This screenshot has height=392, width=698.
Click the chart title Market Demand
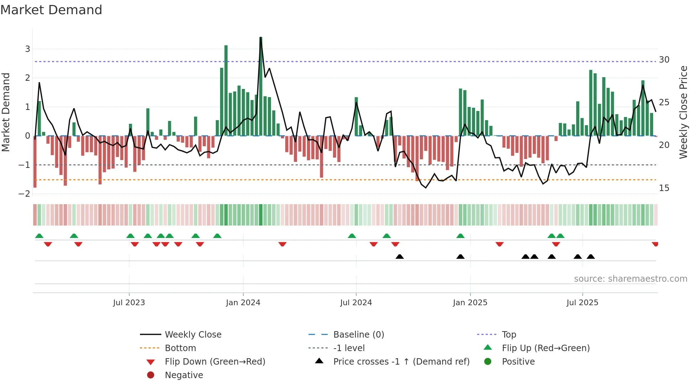[51, 10]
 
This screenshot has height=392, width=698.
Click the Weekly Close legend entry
[193, 335]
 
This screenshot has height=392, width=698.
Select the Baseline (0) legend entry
[358, 335]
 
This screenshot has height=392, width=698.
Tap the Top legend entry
[509, 335]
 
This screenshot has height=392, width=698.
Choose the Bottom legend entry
[180, 348]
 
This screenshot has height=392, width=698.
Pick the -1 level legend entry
[349, 348]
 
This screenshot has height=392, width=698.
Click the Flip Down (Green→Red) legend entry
[215, 362]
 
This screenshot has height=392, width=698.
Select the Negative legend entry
[184, 375]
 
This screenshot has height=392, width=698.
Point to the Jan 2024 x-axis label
[243, 303]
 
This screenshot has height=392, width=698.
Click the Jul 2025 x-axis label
[582, 303]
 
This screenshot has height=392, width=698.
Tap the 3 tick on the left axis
[27, 49]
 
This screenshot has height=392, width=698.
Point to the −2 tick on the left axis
[24, 194]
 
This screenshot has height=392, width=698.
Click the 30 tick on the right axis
[664, 60]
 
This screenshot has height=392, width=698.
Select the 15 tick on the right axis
[664, 188]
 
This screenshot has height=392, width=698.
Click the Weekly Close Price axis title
[683, 112]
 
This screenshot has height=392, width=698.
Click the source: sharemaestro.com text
[630, 279]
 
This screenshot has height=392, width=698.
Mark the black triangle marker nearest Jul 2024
[400, 257]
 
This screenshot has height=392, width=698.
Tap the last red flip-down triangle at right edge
[655, 244]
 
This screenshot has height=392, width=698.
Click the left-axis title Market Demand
[6, 112]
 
